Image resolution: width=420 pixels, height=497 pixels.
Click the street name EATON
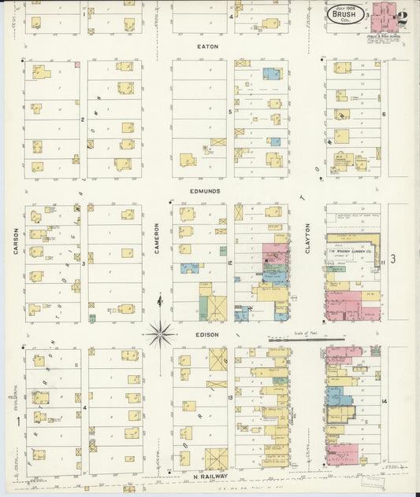click(209, 46)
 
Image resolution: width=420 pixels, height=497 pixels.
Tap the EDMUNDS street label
click(204, 190)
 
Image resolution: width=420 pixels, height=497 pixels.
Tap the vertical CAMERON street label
click(157, 237)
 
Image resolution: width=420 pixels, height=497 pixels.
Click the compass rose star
click(160, 334)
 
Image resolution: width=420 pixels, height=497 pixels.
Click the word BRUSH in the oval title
click(344, 13)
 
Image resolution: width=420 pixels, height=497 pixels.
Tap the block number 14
click(384, 402)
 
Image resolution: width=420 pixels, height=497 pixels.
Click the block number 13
click(230, 399)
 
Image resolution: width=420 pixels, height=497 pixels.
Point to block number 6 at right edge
click(384, 114)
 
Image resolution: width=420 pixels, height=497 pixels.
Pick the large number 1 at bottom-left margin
click(17, 422)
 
